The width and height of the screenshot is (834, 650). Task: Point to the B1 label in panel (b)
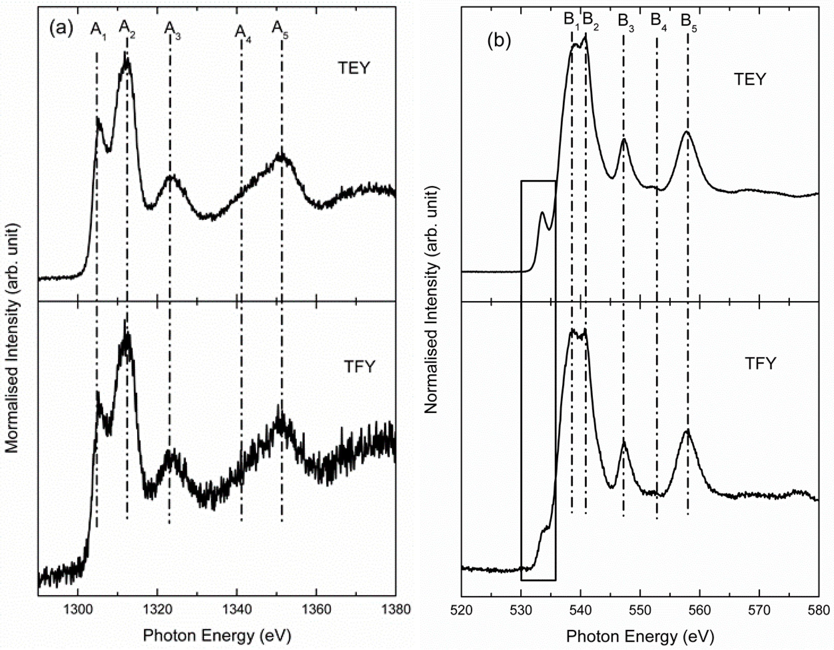coord(572,20)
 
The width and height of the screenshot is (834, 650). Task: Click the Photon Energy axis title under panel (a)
coord(217,636)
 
